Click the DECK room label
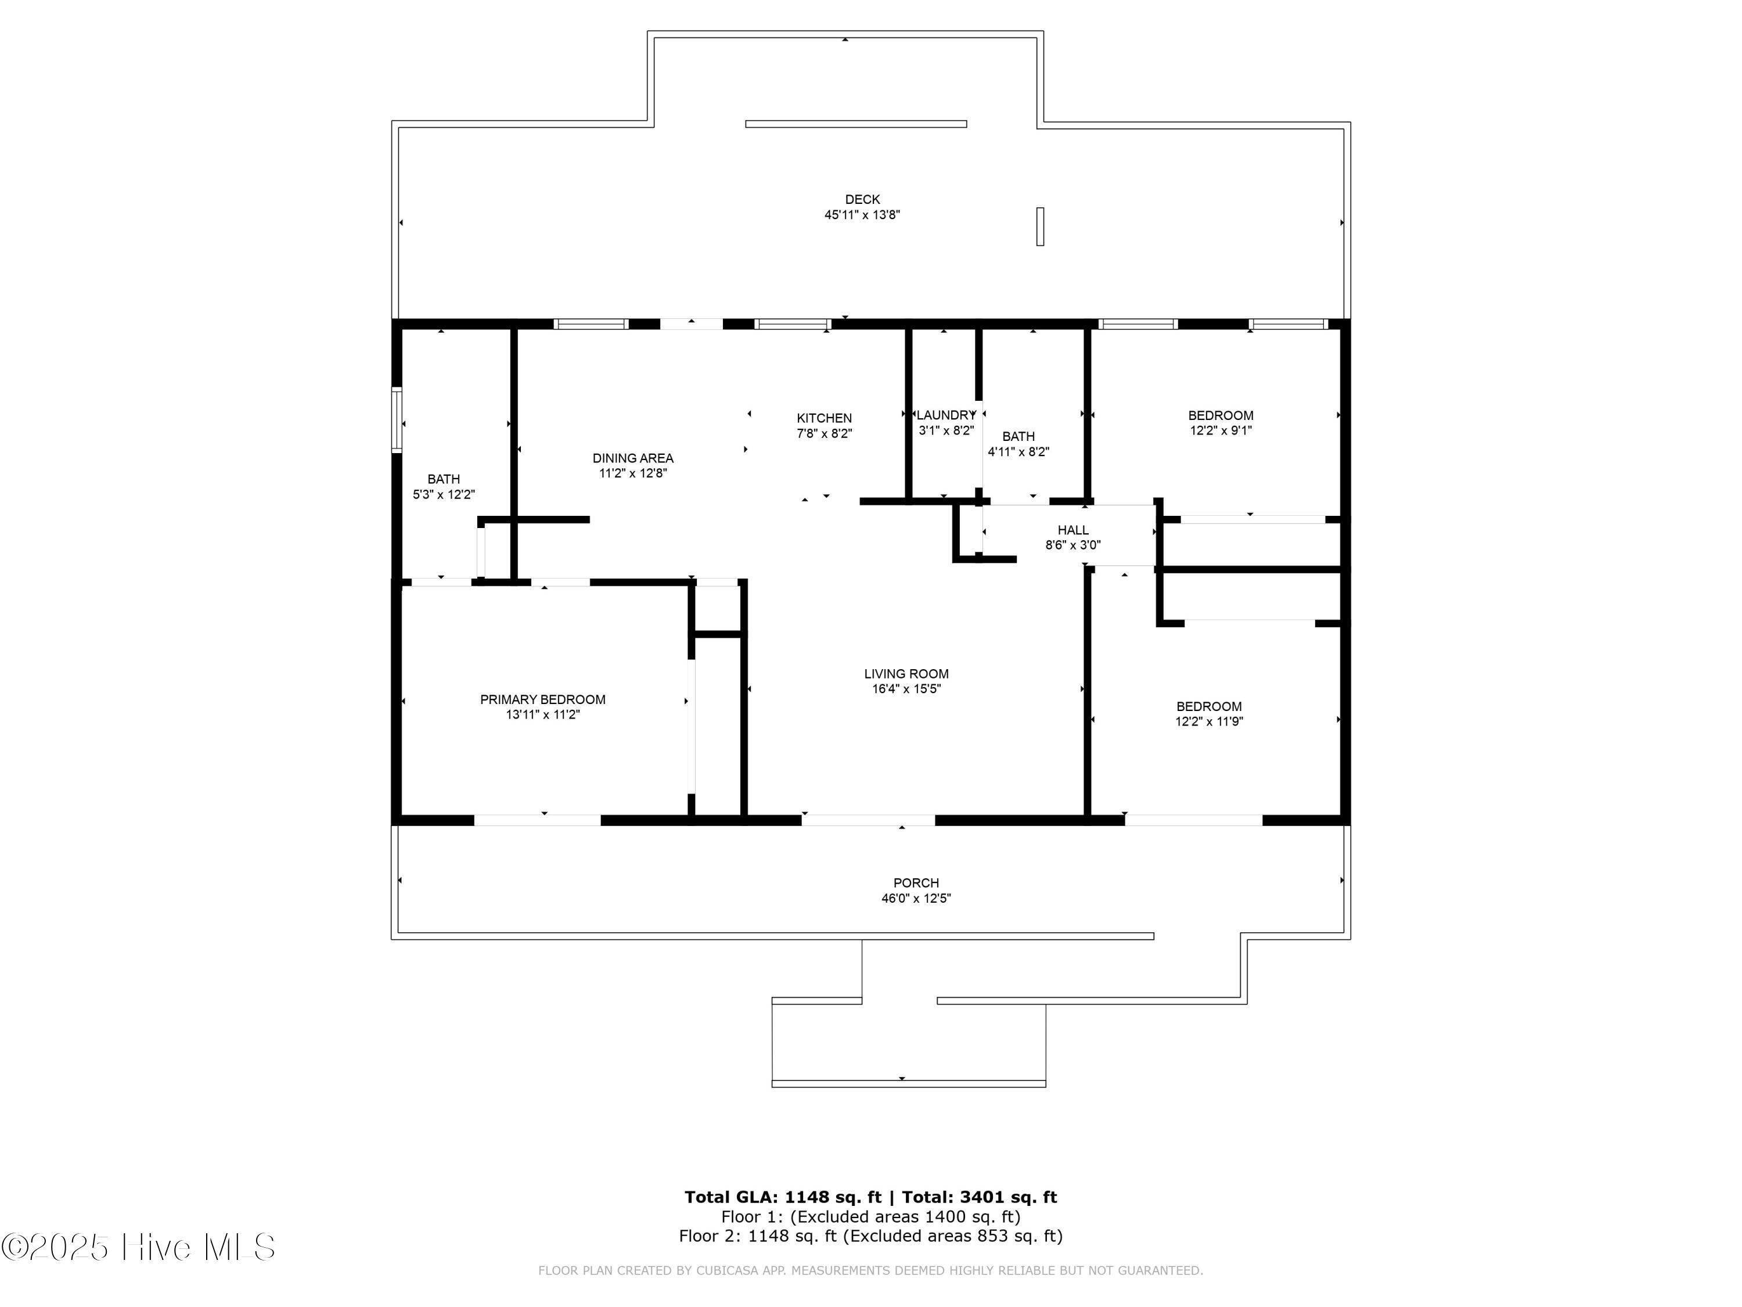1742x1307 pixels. (862, 199)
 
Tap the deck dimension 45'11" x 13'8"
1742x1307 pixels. (862, 215)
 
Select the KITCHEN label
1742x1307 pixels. (824, 418)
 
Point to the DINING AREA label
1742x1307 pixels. (632, 458)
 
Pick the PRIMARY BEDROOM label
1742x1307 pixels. (542, 699)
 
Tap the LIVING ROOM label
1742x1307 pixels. (906, 674)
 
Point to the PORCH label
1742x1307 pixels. (916, 883)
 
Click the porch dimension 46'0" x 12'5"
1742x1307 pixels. (916, 898)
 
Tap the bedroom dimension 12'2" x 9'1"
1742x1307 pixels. (1221, 431)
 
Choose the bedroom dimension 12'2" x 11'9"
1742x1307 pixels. (1209, 721)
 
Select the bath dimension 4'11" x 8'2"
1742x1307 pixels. (1018, 452)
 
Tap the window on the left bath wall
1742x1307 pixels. (398, 420)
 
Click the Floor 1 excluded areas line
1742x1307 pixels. (870, 1216)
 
